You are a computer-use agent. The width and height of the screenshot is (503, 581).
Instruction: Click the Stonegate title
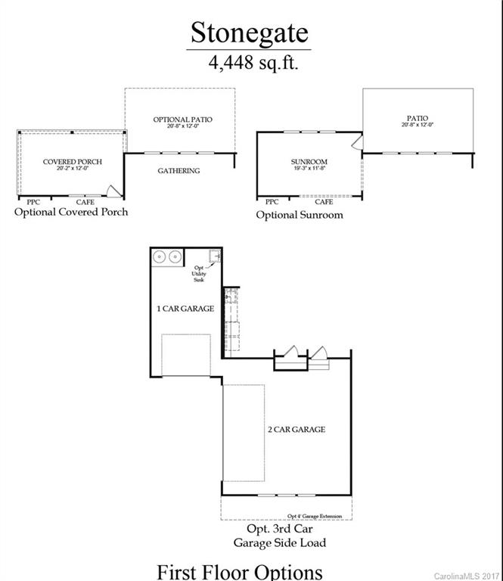point(250,33)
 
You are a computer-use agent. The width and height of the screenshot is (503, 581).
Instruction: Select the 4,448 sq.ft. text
point(253,63)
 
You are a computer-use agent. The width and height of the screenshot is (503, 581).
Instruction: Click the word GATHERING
point(179,171)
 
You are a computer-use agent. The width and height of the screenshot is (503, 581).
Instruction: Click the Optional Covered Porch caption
point(71,213)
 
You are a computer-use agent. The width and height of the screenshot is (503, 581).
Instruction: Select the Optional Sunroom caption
point(299,215)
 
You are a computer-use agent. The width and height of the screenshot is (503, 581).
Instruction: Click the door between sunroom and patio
point(358,143)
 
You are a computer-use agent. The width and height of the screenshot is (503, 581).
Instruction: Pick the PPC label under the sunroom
point(272,202)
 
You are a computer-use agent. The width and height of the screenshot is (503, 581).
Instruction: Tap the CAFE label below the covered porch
point(85,202)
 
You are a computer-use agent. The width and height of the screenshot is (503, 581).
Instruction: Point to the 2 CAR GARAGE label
point(297,430)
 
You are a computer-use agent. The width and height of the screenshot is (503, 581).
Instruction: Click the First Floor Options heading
point(239,570)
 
